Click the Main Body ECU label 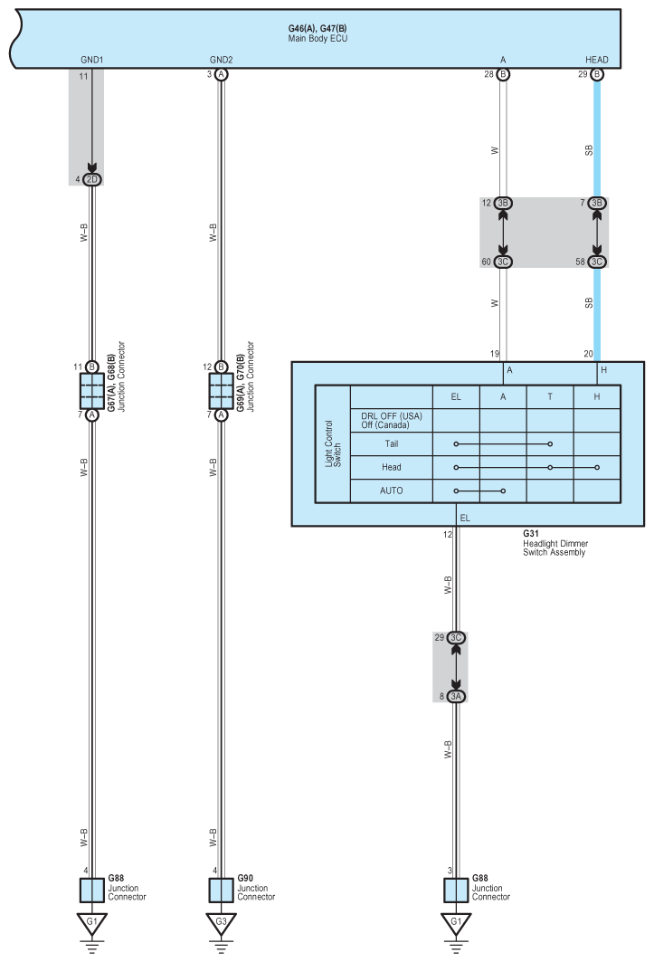click(311, 38)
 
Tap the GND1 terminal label click(92, 60)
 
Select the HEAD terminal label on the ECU click(597, 60)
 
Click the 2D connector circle click(91, 179)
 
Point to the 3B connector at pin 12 click(504, 204)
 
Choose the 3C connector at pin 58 click(597, 262)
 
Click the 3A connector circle click(457, 696)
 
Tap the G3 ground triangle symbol click(222, 924)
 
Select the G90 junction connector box click(222, 890)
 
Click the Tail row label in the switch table click(391, 444)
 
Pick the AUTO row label click(391, 491)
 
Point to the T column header click(550, 396)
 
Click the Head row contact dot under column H click(597, 468)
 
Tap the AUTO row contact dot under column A click(503, 491)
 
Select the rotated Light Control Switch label click(333, 443)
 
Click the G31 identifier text click(530, 534)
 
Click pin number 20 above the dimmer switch click(588, 355)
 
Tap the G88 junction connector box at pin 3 click(457, 890)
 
